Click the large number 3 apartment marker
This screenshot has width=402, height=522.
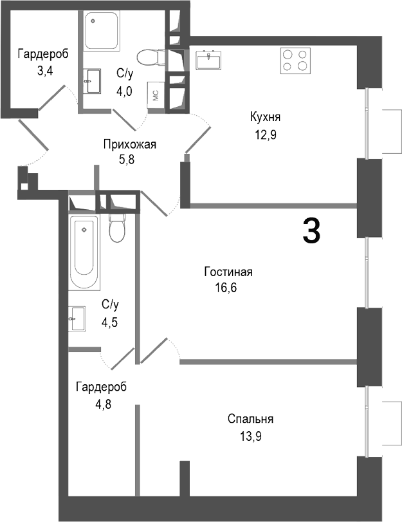tap(311, 230)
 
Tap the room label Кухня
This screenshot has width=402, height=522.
tap(266, 117)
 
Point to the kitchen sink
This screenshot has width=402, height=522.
tap(210, 61)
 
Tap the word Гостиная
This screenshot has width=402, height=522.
tap(228, 272)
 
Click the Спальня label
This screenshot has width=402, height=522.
tap(250, 419)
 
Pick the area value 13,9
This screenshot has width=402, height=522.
tap(250, 436)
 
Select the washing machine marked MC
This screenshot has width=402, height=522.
tap(156, 94)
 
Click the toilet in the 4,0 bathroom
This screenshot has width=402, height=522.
tap(149, 58)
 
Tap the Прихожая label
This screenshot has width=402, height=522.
tap(129, 144)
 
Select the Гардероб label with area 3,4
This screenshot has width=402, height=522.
tap(42, 54)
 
